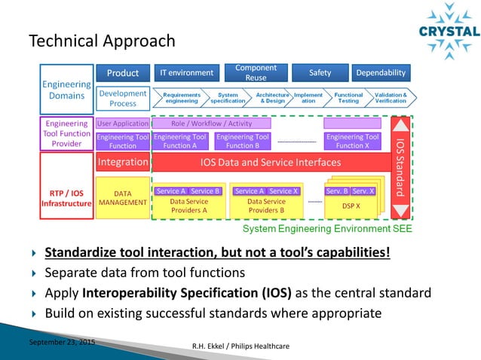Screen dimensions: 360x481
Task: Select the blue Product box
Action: (122, 73)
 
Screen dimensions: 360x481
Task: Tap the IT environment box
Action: (186, 73)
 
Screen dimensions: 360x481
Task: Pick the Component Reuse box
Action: (256, 73)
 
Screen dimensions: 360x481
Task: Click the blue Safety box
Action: (320, 73)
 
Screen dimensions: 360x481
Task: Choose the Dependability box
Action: (381, 73)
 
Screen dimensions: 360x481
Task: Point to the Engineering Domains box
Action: (66, 90)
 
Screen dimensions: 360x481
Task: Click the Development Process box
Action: (122, 98)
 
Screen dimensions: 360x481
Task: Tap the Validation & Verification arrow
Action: (391, 98)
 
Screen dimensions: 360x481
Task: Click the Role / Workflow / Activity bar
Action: (211, 123)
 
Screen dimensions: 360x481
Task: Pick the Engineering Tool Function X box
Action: (351, 142)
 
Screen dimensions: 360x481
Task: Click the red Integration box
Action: (122, 162)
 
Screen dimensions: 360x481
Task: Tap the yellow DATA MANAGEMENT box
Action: (122, 198)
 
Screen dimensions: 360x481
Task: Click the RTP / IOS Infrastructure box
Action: (66, 198)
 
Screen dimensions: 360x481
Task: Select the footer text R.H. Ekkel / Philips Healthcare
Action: (240, 346)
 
